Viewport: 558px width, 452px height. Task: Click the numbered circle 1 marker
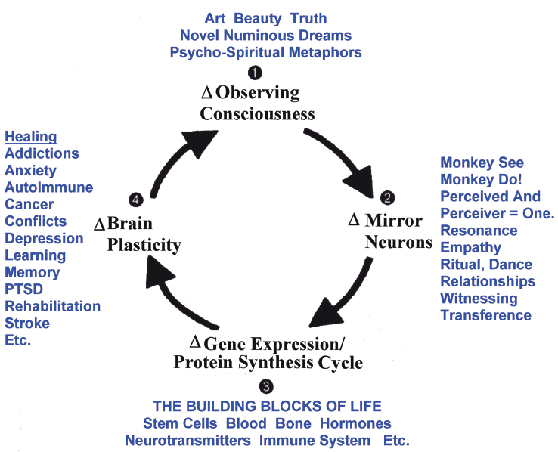[x=255, y=73]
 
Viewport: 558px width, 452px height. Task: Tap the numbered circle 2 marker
[x=387, y=198]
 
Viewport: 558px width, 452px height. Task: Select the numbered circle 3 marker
[x=266, y=386]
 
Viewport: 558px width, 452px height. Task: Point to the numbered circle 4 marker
[x=136, y=200]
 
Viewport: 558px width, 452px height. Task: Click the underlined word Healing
[x=31, y=137]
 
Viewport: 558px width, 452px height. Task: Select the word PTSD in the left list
[x=24, y=289]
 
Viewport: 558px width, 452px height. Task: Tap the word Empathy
[x=471, y=248]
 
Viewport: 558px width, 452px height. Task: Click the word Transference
[x=485, y=315]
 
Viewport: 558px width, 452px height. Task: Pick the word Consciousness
[x=257, y=114]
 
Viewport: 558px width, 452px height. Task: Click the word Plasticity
[x=144, y=245]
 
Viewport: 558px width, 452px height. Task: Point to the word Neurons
[x=398, y=243]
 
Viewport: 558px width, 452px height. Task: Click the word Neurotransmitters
[x=188, y=441]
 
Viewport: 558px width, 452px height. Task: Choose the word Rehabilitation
[x=53, y=306]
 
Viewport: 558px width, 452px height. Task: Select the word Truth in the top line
[x=308, y=18]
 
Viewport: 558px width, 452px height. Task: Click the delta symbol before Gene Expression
[x=195, y=342]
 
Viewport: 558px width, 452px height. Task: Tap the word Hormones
[x=355, y=423]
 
